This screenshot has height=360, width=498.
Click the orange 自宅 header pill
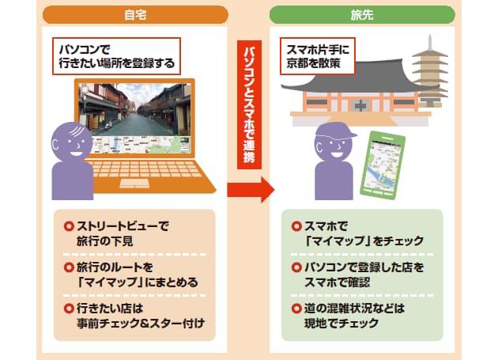tap(135, 14)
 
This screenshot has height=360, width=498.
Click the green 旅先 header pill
tap(362, 14)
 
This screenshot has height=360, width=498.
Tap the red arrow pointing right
tap(251, 190)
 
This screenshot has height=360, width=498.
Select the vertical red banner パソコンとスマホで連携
tap(249, 104)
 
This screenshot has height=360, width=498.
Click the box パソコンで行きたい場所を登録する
tap(116, 56)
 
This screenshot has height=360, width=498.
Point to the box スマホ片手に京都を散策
tap(318, 56)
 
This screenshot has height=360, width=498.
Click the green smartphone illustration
tap(383, 165)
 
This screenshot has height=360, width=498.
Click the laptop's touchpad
tap(134, 184)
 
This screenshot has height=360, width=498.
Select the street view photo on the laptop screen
tap(134, 110)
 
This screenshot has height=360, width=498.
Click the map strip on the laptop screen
tap(141, 145)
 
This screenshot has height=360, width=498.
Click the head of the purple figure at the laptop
tap(72, 142)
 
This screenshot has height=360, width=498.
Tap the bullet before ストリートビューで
tap(69, 226)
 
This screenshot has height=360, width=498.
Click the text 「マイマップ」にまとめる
tap(138, 282)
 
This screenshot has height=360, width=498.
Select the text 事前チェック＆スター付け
tap(141, 324)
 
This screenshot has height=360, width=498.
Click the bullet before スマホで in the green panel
tap(296, 226)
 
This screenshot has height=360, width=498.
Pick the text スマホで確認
tap(337, 282)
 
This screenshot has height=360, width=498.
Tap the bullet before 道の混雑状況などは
tap(296, 308)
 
